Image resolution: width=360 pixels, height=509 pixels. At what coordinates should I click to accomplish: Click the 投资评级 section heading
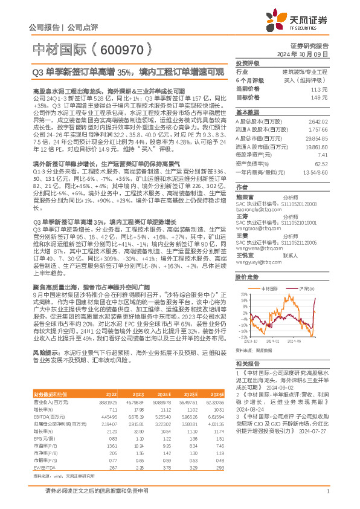247,63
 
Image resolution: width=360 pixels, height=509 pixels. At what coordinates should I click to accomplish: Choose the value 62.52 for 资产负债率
321,180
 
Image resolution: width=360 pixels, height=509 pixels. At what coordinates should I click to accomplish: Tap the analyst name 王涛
242,216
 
